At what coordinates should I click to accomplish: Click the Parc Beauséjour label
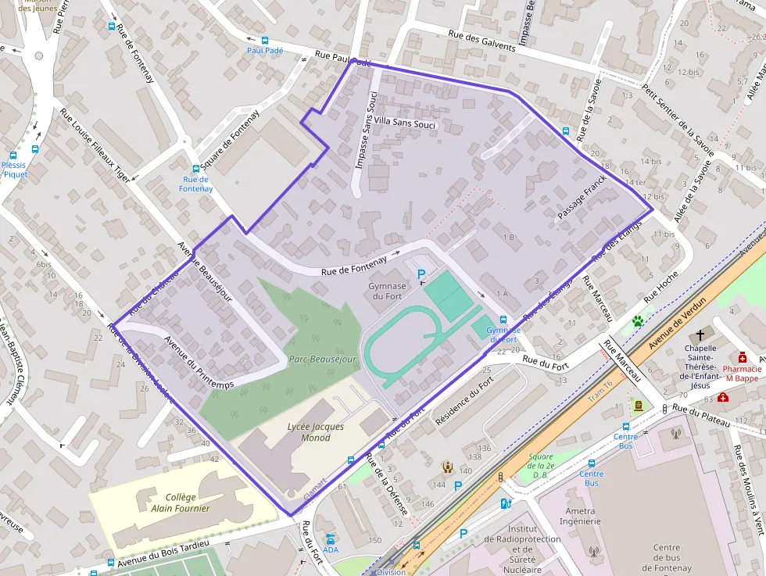[x=322, y=360]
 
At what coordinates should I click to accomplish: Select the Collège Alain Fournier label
[x=181, y=503]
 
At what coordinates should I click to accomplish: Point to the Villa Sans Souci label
[x=404, y=123]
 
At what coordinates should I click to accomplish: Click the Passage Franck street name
[x=582, y=197]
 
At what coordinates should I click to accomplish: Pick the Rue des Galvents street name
[x=482, y=41]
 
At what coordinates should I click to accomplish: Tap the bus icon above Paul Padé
[x=264, y=40]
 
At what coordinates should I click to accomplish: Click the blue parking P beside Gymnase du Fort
[x=422, y=274]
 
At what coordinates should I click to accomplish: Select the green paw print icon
[x=639, y=320]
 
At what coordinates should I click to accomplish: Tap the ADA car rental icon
[x=331, y=538]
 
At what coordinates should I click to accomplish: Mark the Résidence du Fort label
[x=464, y=401]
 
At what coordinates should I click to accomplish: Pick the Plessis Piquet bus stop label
[x=14, y=170]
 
